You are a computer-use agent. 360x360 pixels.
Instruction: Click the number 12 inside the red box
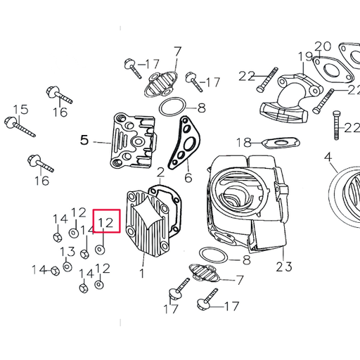click(x=106, y=223)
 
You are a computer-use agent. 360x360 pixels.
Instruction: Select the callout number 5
click(x=84, y=140)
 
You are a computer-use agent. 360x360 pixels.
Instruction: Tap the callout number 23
click(x=283, y=266)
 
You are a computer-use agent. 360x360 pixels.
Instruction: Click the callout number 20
click(x=322, y=47)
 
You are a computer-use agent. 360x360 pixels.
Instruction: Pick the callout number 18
click(x=243, y=143)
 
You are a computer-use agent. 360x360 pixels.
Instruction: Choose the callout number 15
click(x=20, y=109)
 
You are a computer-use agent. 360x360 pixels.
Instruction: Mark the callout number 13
click(x=67, y=252)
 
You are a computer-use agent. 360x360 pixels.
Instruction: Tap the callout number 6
click(x=188, y=176)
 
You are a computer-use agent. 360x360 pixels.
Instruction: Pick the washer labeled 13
click(x=67, y=266)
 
